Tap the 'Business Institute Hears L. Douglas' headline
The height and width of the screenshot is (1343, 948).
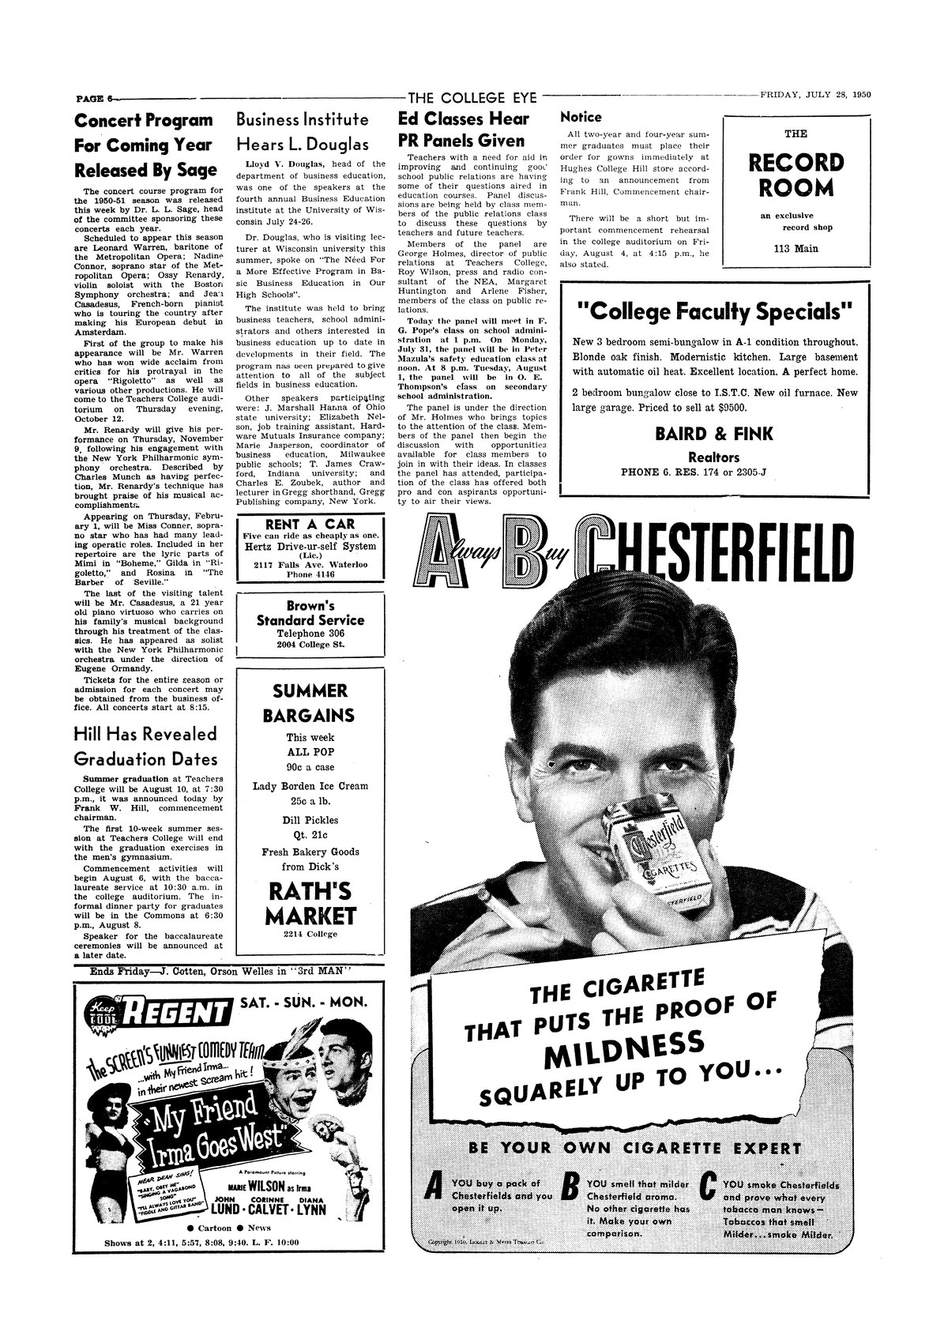point(303,133)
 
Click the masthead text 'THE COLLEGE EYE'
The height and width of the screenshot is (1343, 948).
point(472,98)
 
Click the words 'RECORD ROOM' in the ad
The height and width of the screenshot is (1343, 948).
point(796,175)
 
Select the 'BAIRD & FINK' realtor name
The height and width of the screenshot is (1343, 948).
point(713,434)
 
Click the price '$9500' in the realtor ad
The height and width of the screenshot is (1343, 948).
point(728,408)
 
